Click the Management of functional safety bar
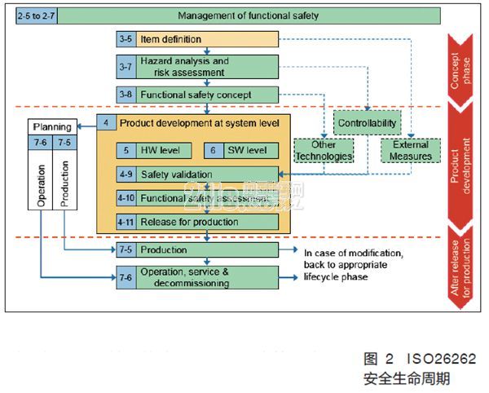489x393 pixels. click(249, 15)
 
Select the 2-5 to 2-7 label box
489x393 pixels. click(36, 15)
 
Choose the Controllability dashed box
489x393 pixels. click(368, 123)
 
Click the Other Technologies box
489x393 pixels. click(324, 150)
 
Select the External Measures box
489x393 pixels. click(410, 150)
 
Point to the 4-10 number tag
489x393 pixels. click(126, 198)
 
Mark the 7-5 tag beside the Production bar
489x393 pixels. click(126, 249)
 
